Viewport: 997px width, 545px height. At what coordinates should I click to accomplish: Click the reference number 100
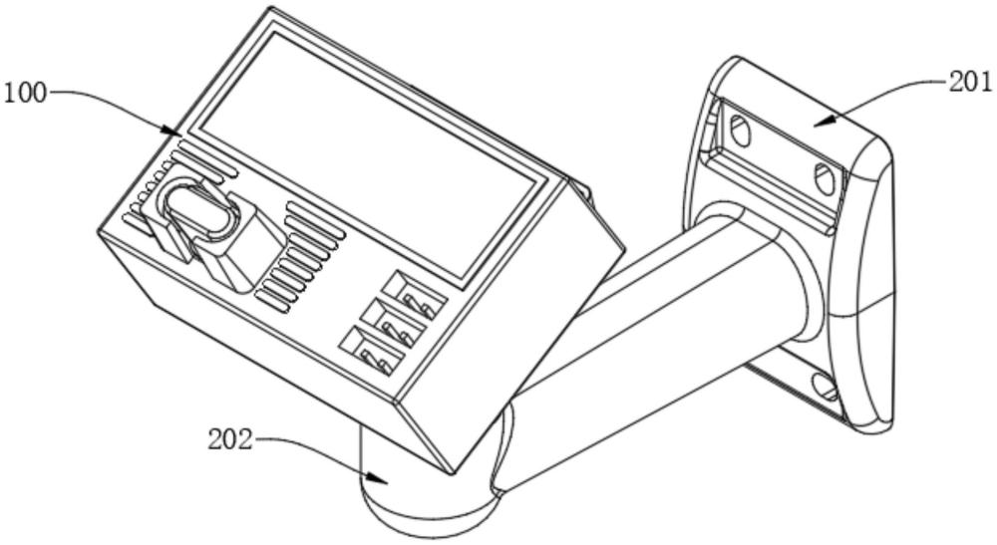[24, 95]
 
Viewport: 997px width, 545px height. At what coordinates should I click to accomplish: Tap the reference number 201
[968, 83]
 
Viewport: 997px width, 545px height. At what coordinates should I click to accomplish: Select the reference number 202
[229, 438]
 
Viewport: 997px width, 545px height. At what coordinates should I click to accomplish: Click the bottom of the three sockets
[371, 350]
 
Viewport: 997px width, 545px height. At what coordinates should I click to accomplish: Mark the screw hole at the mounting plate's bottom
[825, 385]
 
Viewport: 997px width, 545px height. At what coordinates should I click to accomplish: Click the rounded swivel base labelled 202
[419, 498]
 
